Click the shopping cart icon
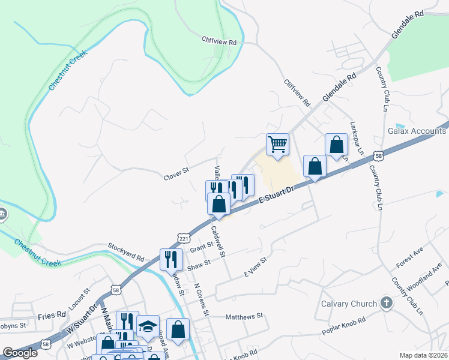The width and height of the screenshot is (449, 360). pos(277,144)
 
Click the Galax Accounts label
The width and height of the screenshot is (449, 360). pos(417,130)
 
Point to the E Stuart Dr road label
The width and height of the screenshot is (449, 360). pos(276,197)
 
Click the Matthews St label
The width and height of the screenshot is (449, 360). pos(244,316)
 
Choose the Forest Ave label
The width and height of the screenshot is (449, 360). pos(411,260)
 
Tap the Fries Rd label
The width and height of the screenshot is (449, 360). pos(52,315)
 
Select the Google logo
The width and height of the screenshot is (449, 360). pos(20,353)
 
